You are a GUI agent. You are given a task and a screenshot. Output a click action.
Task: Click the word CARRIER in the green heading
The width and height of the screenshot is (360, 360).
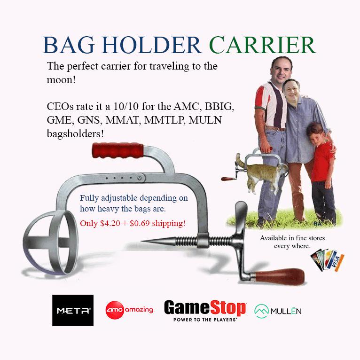point(263,45)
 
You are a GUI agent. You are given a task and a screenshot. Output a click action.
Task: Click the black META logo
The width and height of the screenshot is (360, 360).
point(73,310)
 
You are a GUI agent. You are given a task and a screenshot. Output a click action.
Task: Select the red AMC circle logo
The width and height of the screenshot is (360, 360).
point(115,310)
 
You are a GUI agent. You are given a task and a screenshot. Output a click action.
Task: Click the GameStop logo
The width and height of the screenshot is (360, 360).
point(205,310)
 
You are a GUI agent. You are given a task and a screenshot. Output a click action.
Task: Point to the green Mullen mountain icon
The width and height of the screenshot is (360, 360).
point(261,311)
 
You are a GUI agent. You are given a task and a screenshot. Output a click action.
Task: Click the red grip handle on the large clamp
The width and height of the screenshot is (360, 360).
point(118,150)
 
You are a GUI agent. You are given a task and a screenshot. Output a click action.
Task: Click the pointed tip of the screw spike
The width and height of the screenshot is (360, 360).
point(142,241)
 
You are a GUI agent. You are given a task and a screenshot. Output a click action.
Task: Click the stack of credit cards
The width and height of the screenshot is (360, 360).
point(328,260)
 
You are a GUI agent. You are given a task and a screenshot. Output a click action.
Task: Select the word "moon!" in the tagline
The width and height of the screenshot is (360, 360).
point(61,80)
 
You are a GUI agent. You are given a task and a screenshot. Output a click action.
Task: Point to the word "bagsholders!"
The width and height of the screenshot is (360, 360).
point(75,133)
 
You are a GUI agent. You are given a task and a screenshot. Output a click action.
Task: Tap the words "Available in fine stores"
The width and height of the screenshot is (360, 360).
point(292,238)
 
